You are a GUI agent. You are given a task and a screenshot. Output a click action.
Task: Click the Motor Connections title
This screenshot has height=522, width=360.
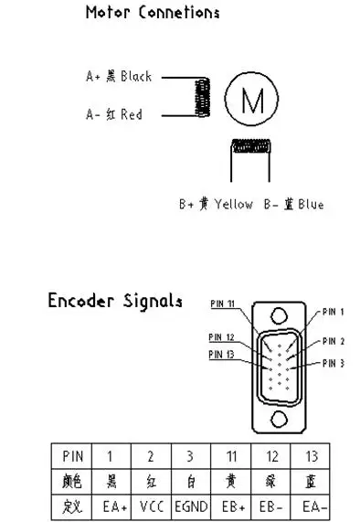point(152,13)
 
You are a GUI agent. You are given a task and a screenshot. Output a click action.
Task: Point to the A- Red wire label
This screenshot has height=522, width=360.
point(113,115)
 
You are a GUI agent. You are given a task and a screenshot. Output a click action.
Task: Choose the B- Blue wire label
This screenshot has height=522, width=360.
point(292,204)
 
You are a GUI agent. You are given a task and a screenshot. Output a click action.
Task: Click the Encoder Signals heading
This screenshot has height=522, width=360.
point(114,301)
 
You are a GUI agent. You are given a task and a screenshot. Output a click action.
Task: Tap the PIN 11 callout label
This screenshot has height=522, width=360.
point(222,304)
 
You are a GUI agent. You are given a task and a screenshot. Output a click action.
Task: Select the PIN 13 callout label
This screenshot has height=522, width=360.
point(222,355)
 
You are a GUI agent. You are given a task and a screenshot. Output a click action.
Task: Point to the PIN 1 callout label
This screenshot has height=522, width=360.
point(332,312)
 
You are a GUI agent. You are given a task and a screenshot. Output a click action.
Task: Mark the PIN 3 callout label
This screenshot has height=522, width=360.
point(332,363)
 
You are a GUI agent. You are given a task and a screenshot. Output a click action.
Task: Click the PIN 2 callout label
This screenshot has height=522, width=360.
point(332,341)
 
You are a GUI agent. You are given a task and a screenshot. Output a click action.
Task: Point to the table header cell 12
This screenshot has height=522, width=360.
point(270,455)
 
